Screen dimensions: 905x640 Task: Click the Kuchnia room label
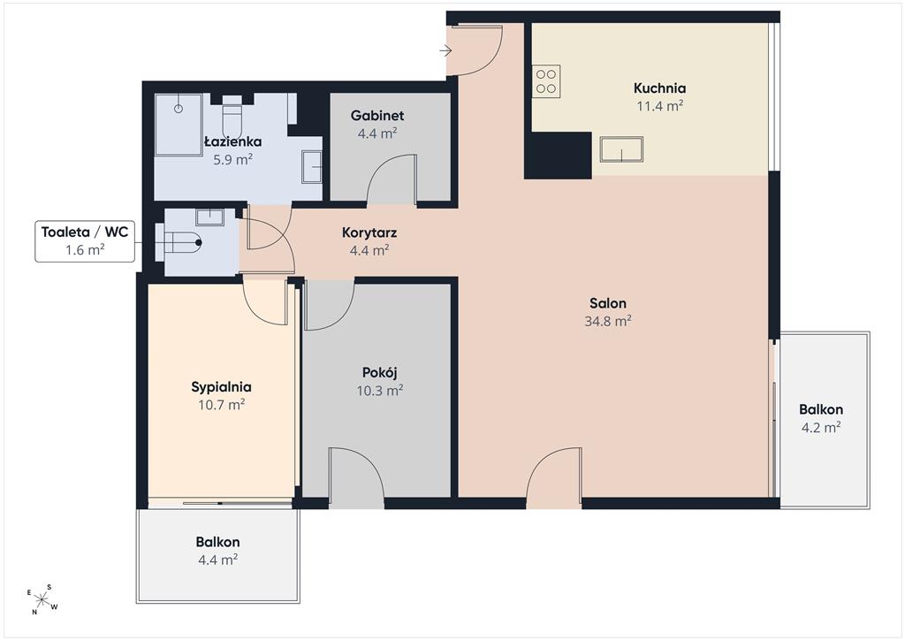tap(659, 88)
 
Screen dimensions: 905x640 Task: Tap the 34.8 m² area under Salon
tap(608, 321)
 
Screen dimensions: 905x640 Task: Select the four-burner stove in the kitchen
tap(546, 81)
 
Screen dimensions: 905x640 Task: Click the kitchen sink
tap(621, 149)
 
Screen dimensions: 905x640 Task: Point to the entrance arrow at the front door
tap(445, 50)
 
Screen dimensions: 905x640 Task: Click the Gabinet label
tap(377, 116)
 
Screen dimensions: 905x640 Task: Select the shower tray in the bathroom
tap(179, 125)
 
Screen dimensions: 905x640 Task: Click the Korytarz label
tap(369, 233)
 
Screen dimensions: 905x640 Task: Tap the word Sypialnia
tap(221, 387)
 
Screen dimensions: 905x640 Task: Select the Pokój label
tap(380, 373)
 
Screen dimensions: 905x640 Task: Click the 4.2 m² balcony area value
tap(821, 428)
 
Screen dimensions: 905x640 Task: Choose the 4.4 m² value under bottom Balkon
tap(217, 560)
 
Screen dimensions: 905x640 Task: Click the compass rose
tap(42, 599)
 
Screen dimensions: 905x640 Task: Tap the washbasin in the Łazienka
tap(312, 167)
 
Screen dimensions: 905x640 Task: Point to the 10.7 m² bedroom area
tap(222, 405)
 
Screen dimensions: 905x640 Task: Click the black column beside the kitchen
tap(558, 156)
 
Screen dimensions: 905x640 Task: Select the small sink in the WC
tap(209, 217)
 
